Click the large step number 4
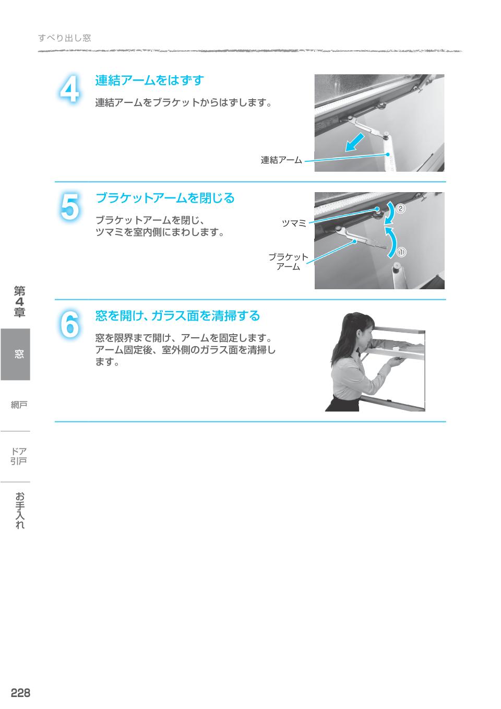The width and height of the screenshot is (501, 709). (69, 90)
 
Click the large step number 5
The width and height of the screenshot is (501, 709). (69, 207)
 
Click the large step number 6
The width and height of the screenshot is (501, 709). (69, 325)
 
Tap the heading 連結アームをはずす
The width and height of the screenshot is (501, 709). (149, 80)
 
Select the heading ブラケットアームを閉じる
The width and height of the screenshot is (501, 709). (165, 198)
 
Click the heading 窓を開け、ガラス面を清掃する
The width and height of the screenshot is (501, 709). (177, 316)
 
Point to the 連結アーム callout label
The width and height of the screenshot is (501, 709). (281, 160)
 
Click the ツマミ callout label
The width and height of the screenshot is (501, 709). (294, 223)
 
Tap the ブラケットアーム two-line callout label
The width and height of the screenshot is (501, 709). (288, 262)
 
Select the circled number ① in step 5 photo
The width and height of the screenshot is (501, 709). (401, 252)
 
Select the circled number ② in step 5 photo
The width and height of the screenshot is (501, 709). (400, 208)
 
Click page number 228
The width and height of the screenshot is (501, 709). (20, 693)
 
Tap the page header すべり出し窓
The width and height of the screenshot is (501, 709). (65, 38)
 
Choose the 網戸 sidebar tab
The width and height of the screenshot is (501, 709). (19, 405)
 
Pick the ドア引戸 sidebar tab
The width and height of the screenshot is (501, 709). (19, 456)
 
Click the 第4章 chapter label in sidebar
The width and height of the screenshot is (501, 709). (20, 302)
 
